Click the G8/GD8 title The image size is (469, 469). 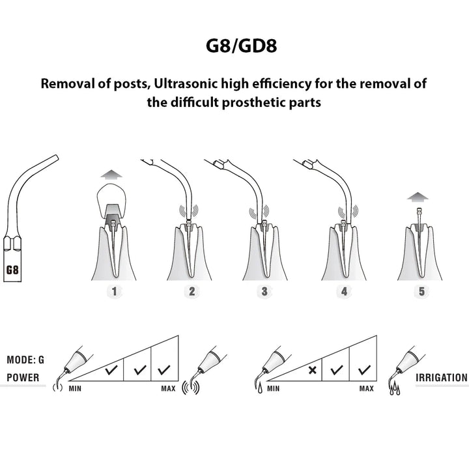click(242, 46)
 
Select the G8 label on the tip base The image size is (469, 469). click(12, 270)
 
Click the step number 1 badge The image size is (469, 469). click(114, 291)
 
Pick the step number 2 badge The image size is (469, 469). click(192, 291)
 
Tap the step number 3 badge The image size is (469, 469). click(264, 291)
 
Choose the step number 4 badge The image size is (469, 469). click(344, 291)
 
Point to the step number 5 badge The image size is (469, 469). click(421, 291)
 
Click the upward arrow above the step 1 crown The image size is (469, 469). click(111, 174)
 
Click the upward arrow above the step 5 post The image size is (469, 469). click(418, 197)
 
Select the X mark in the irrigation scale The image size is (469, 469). click(312, 370)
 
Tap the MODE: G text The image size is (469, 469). click(25, 360)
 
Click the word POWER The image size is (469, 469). click(23, 377)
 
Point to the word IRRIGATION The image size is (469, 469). click(442, 377)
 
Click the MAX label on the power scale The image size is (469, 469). click(169, 388)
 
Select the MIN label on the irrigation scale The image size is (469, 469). click(273, 388)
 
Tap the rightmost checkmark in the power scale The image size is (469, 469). click(164, 370)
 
